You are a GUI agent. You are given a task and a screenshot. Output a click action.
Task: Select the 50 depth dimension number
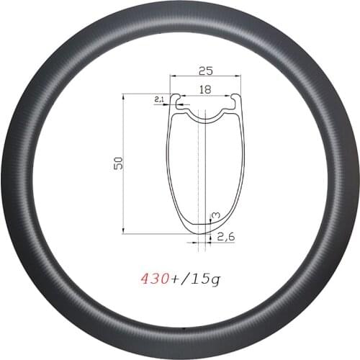[117, 163]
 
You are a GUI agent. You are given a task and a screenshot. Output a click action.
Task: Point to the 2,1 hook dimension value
[159, 101]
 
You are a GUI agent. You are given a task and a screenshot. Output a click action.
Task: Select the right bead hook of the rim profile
[237, 105]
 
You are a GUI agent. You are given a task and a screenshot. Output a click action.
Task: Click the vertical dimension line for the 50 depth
[124, 163]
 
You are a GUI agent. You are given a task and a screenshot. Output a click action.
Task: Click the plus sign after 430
[178, 276]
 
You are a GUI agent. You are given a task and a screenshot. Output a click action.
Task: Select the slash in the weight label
[189, 276]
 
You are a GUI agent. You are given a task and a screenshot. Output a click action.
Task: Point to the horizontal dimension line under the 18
[205, 94]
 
